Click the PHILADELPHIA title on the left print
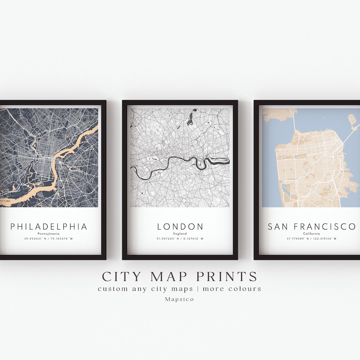49,226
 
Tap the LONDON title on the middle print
180,226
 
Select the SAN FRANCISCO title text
311,226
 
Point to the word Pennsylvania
49,234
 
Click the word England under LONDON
180,234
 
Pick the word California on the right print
311,234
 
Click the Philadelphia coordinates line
49,238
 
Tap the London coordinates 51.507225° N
168,238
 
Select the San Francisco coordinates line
311,238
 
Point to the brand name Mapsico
180,299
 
